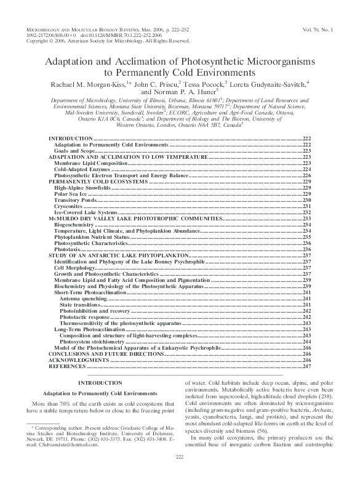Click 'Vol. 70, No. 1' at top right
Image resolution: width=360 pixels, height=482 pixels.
click(x=319, y=30)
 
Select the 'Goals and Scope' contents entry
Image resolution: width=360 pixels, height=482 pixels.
click(x=70, y=150)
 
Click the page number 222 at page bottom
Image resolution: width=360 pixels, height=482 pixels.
click(x=180, y=472)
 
